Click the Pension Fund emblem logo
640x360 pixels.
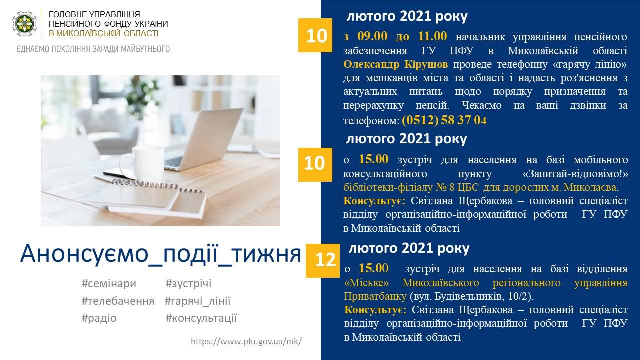tap(25, 24)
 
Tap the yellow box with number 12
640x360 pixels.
tap(323, 260)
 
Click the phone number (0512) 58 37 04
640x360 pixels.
tap(444, 120)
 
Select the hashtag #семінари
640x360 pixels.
tap(109, 284)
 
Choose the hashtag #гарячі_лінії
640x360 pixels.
tap(197, 301)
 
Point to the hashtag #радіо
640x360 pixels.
tap(99, 318)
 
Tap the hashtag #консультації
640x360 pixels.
tap(201, 318)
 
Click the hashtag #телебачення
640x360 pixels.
tap(118, 301)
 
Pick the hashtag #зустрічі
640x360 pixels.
tap(188, 284)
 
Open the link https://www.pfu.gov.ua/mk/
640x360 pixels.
tap(246, 341)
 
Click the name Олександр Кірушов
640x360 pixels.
tap(395, 64)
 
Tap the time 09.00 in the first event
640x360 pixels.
tap(372, 36)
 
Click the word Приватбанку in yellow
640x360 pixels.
tap(375, 296)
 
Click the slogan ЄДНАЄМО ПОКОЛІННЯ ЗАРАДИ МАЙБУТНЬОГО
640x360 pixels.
tap(93, 49)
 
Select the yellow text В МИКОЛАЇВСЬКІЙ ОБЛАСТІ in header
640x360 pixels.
tap(103, 33)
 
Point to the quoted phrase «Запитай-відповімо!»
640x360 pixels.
tap(575, 174)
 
